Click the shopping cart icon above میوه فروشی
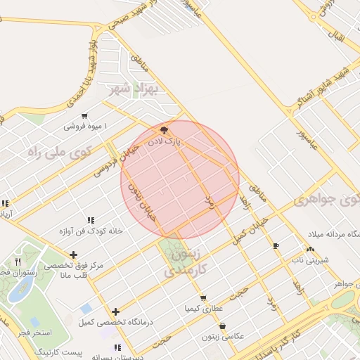tap(84, 116)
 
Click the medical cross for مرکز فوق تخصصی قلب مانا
tap(73, 255)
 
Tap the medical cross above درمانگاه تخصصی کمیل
tap(116, 311)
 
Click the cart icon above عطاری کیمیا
tap(203, 298)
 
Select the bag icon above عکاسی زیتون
tap(223, 326)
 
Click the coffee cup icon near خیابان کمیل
tap(276, 245)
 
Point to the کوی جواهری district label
tap(329, 200)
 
